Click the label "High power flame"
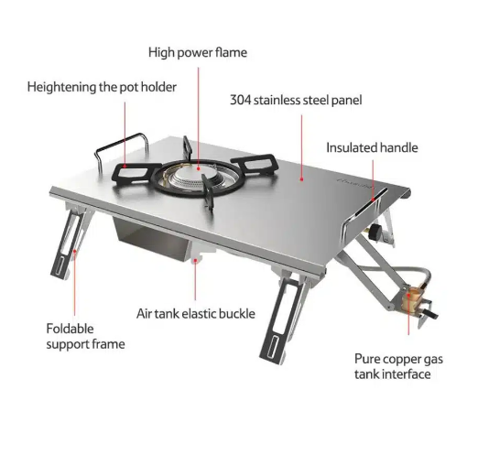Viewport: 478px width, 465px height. [198, 52]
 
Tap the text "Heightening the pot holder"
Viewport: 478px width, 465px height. [102, 87]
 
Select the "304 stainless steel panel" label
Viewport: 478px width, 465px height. [296, 100]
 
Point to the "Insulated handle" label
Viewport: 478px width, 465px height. [372, 147]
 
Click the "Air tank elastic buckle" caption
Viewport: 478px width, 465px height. [196, 314]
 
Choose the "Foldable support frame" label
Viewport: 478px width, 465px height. [85, 337]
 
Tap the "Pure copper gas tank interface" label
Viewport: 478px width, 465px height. [398, 366]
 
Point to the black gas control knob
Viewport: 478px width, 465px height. [375, 232]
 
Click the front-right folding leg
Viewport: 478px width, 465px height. [282, 318]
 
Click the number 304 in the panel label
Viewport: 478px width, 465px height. [240, 100]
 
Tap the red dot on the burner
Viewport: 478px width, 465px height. [198, 168]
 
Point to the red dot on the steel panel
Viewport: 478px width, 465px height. [301, 179]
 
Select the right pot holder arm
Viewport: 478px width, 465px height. [255, 164]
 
